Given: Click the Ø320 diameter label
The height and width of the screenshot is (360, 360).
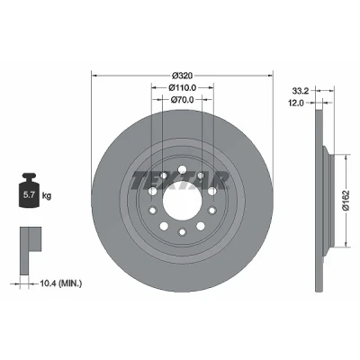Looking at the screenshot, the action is pyautogui.click(x=182, y=76).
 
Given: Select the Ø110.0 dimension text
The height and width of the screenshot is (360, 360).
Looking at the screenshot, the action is pyautogui.click(x=182, y=88).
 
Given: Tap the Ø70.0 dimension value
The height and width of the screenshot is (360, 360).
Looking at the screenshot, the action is pyautogui.click(x=182, y=99).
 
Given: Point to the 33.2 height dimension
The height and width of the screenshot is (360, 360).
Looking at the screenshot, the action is pyautogui.click(x=299, y=90).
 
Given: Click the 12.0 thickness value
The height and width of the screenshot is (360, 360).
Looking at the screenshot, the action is pyautogui.click(x=296, y=103).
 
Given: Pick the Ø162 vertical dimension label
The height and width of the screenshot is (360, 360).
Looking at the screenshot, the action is pyautogui.click(x=347, y=201).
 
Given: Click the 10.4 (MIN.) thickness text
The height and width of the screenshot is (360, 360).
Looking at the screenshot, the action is pyautogui.click(x=60, y=283).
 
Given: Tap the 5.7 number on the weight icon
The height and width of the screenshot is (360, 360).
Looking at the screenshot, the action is pyautogui.click(x=29, y=195).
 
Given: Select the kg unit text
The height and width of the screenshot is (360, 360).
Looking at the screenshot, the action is pyautogui.click(x=47, y=196).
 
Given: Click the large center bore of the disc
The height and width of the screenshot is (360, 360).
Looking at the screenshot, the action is pyautogui.click(x=182, y=201).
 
